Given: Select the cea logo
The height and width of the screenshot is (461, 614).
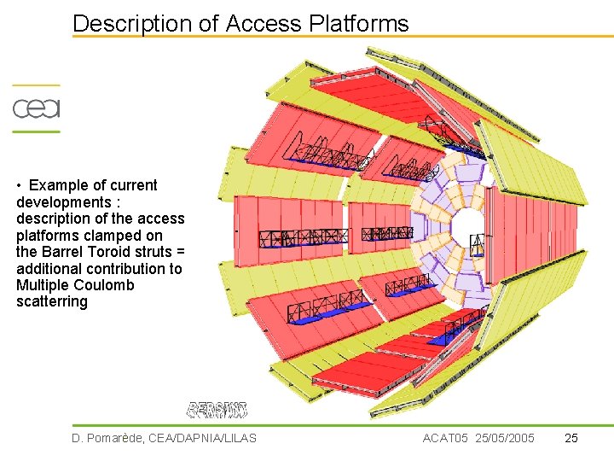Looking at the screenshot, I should pyautogui.click(x=36, y=108).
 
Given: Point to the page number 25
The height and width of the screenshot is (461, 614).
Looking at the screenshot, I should pyautogui.click(x=571, y=438).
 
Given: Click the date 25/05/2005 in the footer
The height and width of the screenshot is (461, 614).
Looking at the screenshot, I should pyautogui.click(x=505, y=438).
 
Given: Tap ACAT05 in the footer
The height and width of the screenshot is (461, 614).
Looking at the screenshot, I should pyautogui.click(x=445, y=438).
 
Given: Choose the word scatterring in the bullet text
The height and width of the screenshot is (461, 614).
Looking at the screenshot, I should pyautogui.click(x=52, y=301).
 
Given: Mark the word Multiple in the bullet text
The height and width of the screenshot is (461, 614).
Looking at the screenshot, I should pyautogui.click(x=43, y=285).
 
